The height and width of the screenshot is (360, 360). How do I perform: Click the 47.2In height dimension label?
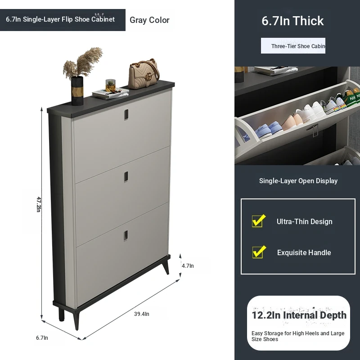click(x=39, y=204)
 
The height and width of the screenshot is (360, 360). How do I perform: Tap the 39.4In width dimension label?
click(x=142, y=314)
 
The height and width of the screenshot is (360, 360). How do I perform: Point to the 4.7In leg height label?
click(x=188, y=265)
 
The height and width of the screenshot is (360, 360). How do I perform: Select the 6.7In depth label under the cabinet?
click(x=42, y=338)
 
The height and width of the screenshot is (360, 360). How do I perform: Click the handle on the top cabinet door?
click(x=126, y=115)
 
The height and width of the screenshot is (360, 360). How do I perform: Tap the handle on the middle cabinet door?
click(x=126, y=177)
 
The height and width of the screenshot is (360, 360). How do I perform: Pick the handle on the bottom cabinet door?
click(x=126, y=236)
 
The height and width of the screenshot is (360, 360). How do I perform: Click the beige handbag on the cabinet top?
click(x=144, y=74)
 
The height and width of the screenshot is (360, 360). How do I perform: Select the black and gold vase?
click(x=77, y=91)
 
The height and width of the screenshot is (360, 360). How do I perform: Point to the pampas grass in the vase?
click(x=83, y=63)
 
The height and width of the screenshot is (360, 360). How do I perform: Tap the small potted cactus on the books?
click(x=110, y=85)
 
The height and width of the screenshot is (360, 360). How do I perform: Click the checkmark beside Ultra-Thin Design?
click(x=259, y=220)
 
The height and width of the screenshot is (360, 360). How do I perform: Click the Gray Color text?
click(x=149, y=20)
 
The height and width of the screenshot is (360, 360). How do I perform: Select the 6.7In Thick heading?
click(x=292, y=21)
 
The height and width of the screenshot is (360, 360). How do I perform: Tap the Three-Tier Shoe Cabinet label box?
click(x=293, y=46)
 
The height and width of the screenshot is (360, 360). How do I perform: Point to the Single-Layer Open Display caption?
click(x=298, y=181)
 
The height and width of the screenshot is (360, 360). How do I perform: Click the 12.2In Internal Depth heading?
click(x=299, y=315)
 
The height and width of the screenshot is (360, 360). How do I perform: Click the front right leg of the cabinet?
click(x=166, y=267)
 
